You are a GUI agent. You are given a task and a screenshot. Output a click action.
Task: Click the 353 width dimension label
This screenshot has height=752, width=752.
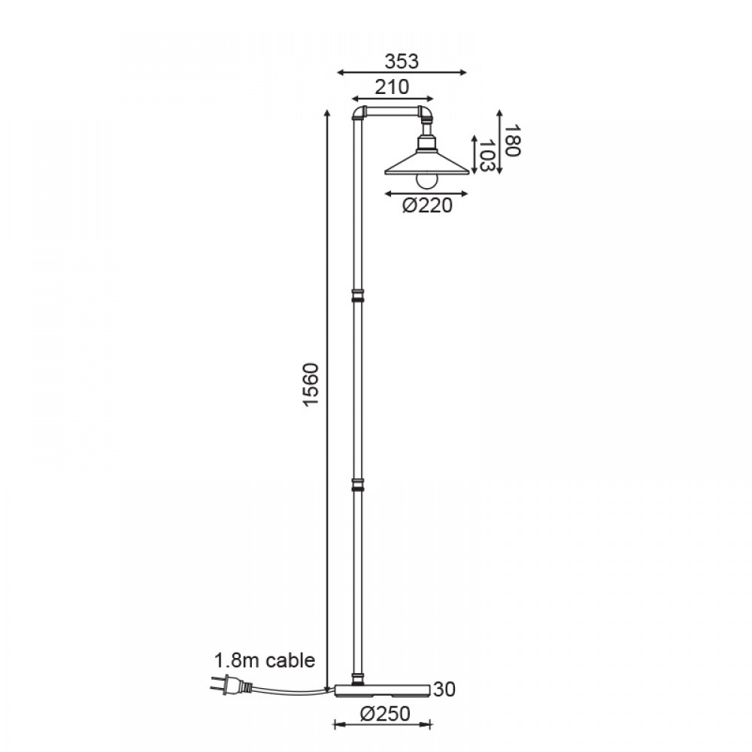(402, 62)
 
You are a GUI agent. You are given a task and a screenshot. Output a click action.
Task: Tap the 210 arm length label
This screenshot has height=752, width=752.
(392, 87)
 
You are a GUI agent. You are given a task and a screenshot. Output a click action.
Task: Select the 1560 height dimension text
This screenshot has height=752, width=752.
(311, 384)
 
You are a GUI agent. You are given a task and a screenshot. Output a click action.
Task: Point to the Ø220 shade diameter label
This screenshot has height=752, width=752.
(427, 205)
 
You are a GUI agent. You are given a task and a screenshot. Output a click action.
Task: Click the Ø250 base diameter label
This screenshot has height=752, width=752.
(385, 714)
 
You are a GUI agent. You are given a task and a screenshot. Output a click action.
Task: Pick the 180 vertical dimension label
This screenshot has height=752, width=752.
(512, 140)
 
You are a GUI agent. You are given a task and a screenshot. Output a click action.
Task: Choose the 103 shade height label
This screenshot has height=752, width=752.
(487, 156)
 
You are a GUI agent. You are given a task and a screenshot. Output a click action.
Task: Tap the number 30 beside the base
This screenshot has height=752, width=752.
(444, 689)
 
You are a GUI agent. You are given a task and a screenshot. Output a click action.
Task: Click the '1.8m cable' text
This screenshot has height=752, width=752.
(264, 660)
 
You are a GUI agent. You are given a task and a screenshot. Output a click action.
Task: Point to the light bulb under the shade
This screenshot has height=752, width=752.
(426, 180)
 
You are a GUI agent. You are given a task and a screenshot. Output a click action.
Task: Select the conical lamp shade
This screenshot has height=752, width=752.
(426, 163)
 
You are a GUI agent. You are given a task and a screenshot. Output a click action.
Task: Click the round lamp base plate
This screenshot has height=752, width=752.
(382, 690)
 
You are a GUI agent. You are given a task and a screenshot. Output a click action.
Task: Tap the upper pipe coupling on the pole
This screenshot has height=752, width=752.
(357, 296)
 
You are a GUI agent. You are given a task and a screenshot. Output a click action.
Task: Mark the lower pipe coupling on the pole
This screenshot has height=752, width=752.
(357, 484)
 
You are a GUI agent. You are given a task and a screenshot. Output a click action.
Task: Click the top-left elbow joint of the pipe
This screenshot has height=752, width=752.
(359, 114)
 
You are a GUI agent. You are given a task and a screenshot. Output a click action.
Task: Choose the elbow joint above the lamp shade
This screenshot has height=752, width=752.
(426, 114)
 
